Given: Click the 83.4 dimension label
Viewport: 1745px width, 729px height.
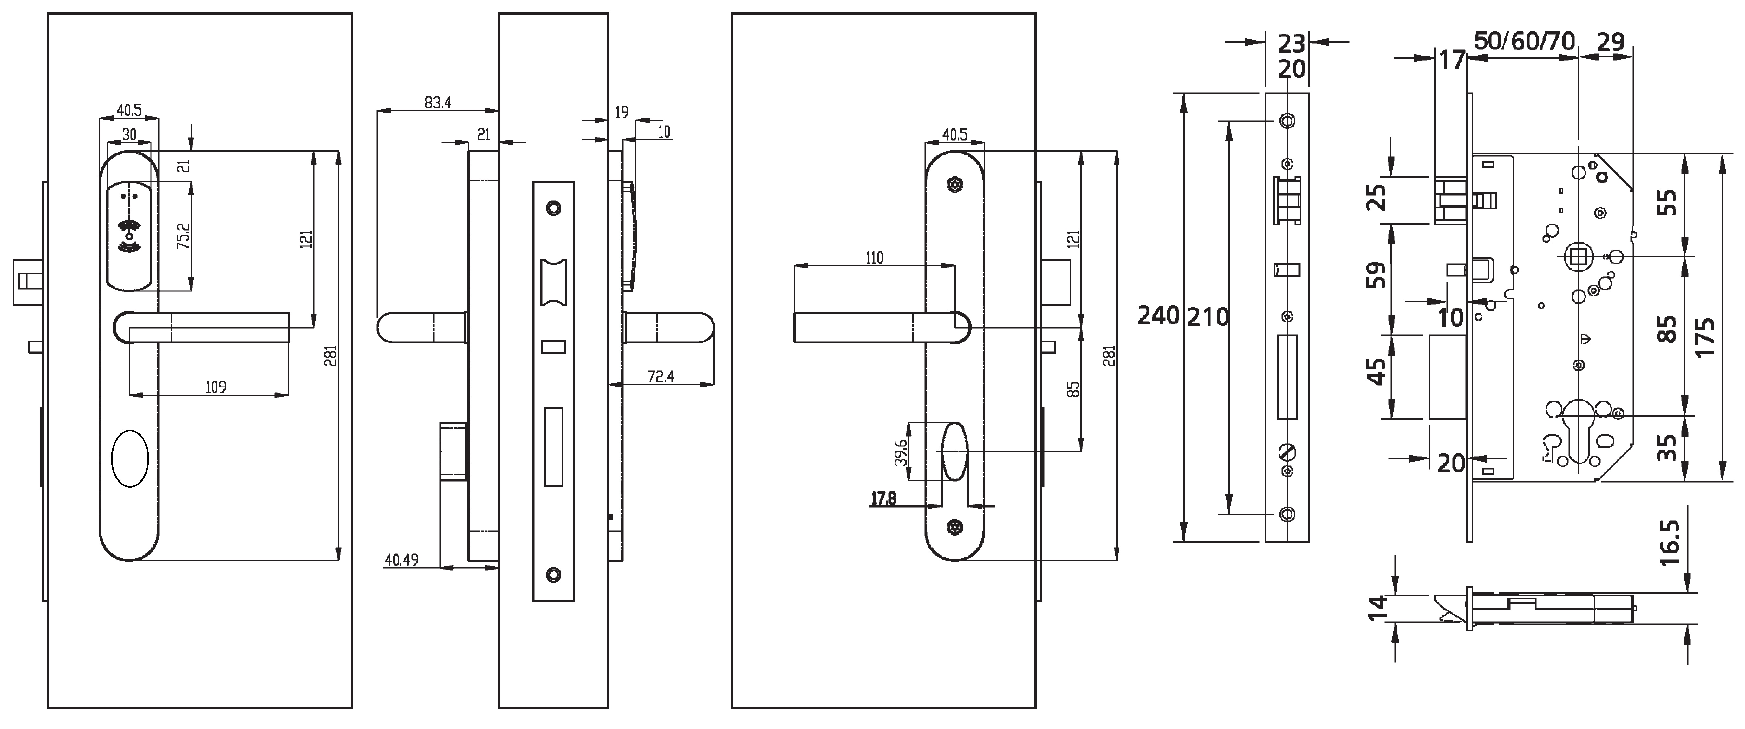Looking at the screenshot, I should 437,103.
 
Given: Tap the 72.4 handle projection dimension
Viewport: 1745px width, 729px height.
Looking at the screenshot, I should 661,377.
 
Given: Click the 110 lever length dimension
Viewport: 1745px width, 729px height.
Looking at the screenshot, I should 874,258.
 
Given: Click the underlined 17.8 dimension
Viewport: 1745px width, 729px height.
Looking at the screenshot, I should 883,499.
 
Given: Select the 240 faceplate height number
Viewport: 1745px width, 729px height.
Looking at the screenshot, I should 1158,316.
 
